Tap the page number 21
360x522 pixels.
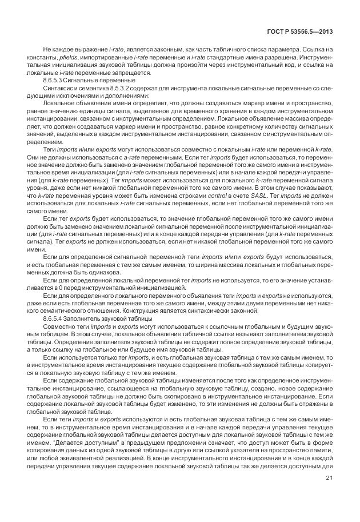[x=330, y=494]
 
